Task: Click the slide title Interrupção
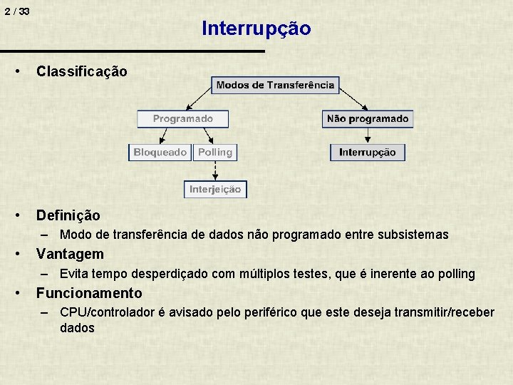coord(256,29)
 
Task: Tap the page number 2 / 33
coord(16,12)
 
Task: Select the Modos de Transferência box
coord(275,85)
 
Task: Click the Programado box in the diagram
coord(183,118)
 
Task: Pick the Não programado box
coord(368,118)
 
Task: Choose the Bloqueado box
coord(160,152)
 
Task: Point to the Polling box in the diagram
coord(215,152)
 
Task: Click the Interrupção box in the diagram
coord(368,152)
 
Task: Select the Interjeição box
coord(215,189)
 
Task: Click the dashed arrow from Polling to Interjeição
coord(215,170)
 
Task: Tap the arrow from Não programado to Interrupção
coord(368,135)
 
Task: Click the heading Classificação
coord(82,71)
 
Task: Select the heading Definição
coord(68,215)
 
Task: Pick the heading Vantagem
coord(70,254)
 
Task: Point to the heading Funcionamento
coord(89,293)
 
